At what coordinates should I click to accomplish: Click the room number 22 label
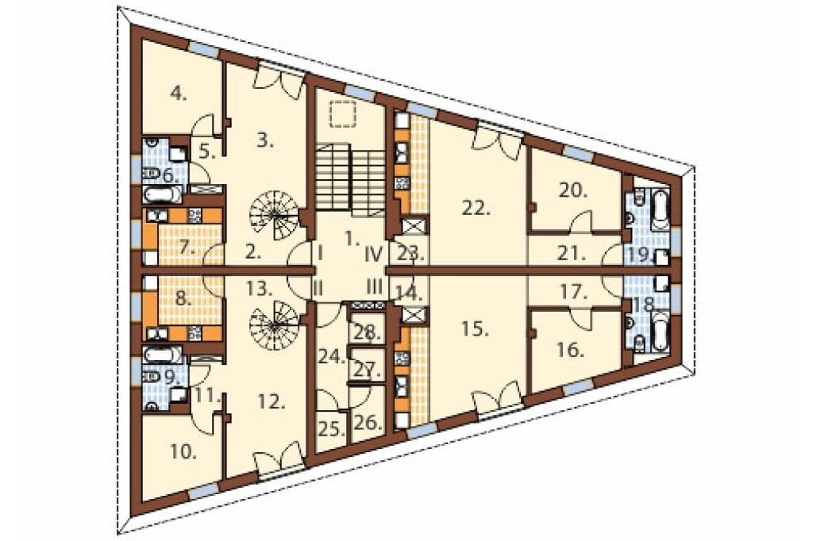click(x=476, y=209)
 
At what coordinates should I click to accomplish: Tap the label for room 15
click(x=475, y=329)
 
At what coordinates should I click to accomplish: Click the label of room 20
click(x=573, y=190)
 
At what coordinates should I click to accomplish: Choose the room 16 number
click(x=571, y=351)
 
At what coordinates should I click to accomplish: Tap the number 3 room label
click(x=265, y=141)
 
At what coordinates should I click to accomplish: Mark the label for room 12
click(x=272, y=401)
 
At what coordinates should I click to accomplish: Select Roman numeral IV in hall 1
click(x=373, y=254)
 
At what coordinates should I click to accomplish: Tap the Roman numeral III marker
click(x=375, y=286)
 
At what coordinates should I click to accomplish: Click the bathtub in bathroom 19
click(x=660, y=210)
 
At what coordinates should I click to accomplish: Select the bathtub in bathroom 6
click(x=162, y=195)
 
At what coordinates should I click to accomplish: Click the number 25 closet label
click(x=331, y=429)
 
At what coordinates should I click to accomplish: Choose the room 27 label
click(x=368, y=370)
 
